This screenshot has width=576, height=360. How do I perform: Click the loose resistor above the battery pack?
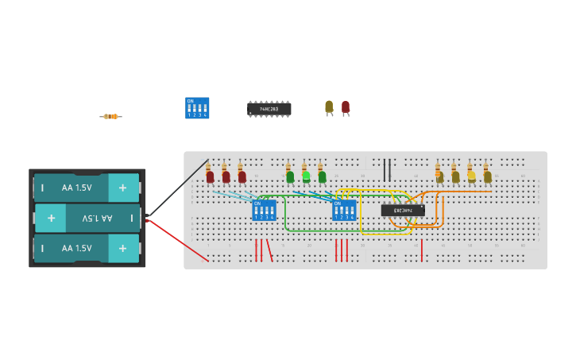point(110,117)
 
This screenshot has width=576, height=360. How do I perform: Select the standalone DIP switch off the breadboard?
point(197,108)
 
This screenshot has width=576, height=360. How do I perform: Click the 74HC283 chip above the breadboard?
point(269,109)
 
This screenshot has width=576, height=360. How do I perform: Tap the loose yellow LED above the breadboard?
point(329,106)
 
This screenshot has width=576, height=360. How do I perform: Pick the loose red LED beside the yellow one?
point(346,106)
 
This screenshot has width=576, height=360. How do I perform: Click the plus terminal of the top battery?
point(122,188)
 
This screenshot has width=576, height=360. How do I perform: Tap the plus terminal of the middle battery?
point(51,218)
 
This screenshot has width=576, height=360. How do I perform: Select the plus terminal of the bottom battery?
point(122,248)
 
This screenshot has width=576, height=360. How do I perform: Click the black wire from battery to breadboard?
point(176,190)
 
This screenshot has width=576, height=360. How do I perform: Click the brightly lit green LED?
point(306,176)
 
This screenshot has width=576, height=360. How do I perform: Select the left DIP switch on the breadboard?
point(264,211)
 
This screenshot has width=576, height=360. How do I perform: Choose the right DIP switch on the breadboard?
point(344,211)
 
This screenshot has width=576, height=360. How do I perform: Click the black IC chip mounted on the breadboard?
point(402,211)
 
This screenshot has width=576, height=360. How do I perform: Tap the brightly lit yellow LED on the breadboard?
point(471,176)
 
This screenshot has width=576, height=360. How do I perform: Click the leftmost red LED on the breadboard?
point(210,176)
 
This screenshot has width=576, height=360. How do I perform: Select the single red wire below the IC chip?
point(421,250)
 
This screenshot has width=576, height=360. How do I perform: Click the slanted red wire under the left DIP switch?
point(269,250)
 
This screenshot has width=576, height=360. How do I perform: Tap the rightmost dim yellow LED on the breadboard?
point(487,176)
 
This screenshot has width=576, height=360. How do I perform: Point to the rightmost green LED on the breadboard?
point(322,176)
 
